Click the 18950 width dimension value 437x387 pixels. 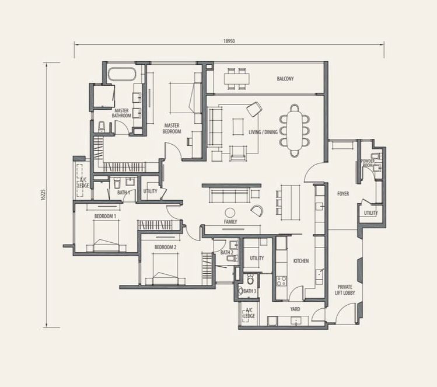pyautogui.click(x=229, y=41)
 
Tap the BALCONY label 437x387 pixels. pyautogui.click(x=285, y=79)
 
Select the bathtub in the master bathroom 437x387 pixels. pyautogui.click(x=122, y=75)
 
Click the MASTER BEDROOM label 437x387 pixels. pyautogui.click(x=172, y=128)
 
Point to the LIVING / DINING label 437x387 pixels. pyautogui.click(x=263, y=132)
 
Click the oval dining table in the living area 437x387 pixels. pyautogui.click(x=295, y=130)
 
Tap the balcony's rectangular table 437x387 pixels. pyautogui.click(x=237, y=79)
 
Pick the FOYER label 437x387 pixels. pyautogui.click(x=343, y=194)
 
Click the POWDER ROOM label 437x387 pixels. pyautogui.click(x=368, y=163)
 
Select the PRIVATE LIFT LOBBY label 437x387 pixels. pyautogui.click(x=345, y=290)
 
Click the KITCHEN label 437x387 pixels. pyautogui.click(x=301, y=261)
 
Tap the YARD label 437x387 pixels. pyautogui.click(x=295, y=309)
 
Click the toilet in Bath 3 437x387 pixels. pyautogui.click(x=250, y=279)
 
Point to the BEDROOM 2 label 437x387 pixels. pyautogui.click(x=166, y=247)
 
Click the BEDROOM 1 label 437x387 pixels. pyautogui.click(x=106, y=216)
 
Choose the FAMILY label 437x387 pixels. pyautogui.click(x=230, y=222)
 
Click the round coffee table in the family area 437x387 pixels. pyautogui.click(x=230, y=212)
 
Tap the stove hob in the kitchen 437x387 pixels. pyautogui.click(x=281, y=281)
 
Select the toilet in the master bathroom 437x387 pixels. pyautogui.click(x=102, y=127)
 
